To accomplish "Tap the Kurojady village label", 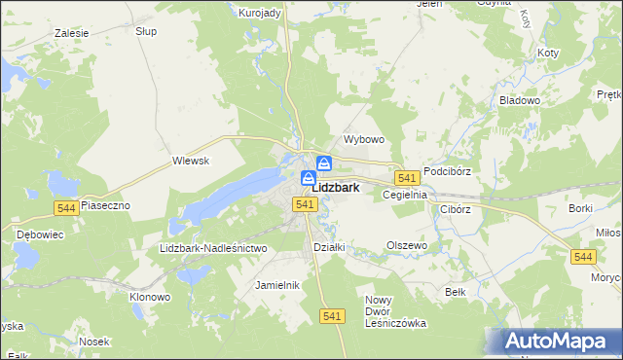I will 260,13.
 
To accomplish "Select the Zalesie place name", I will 72,33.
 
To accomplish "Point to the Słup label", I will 146,31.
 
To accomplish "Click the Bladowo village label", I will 519,100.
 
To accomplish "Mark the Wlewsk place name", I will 191,161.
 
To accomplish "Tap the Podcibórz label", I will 448,171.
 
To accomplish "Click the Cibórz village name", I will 455,208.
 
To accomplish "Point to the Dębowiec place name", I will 40,234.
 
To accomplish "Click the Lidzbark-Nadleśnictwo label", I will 212,248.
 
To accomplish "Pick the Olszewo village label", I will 407,246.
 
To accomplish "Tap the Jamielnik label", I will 276,285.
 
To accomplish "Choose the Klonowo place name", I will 150,297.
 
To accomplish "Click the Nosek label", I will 94,342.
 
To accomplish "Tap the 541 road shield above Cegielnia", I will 407,178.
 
